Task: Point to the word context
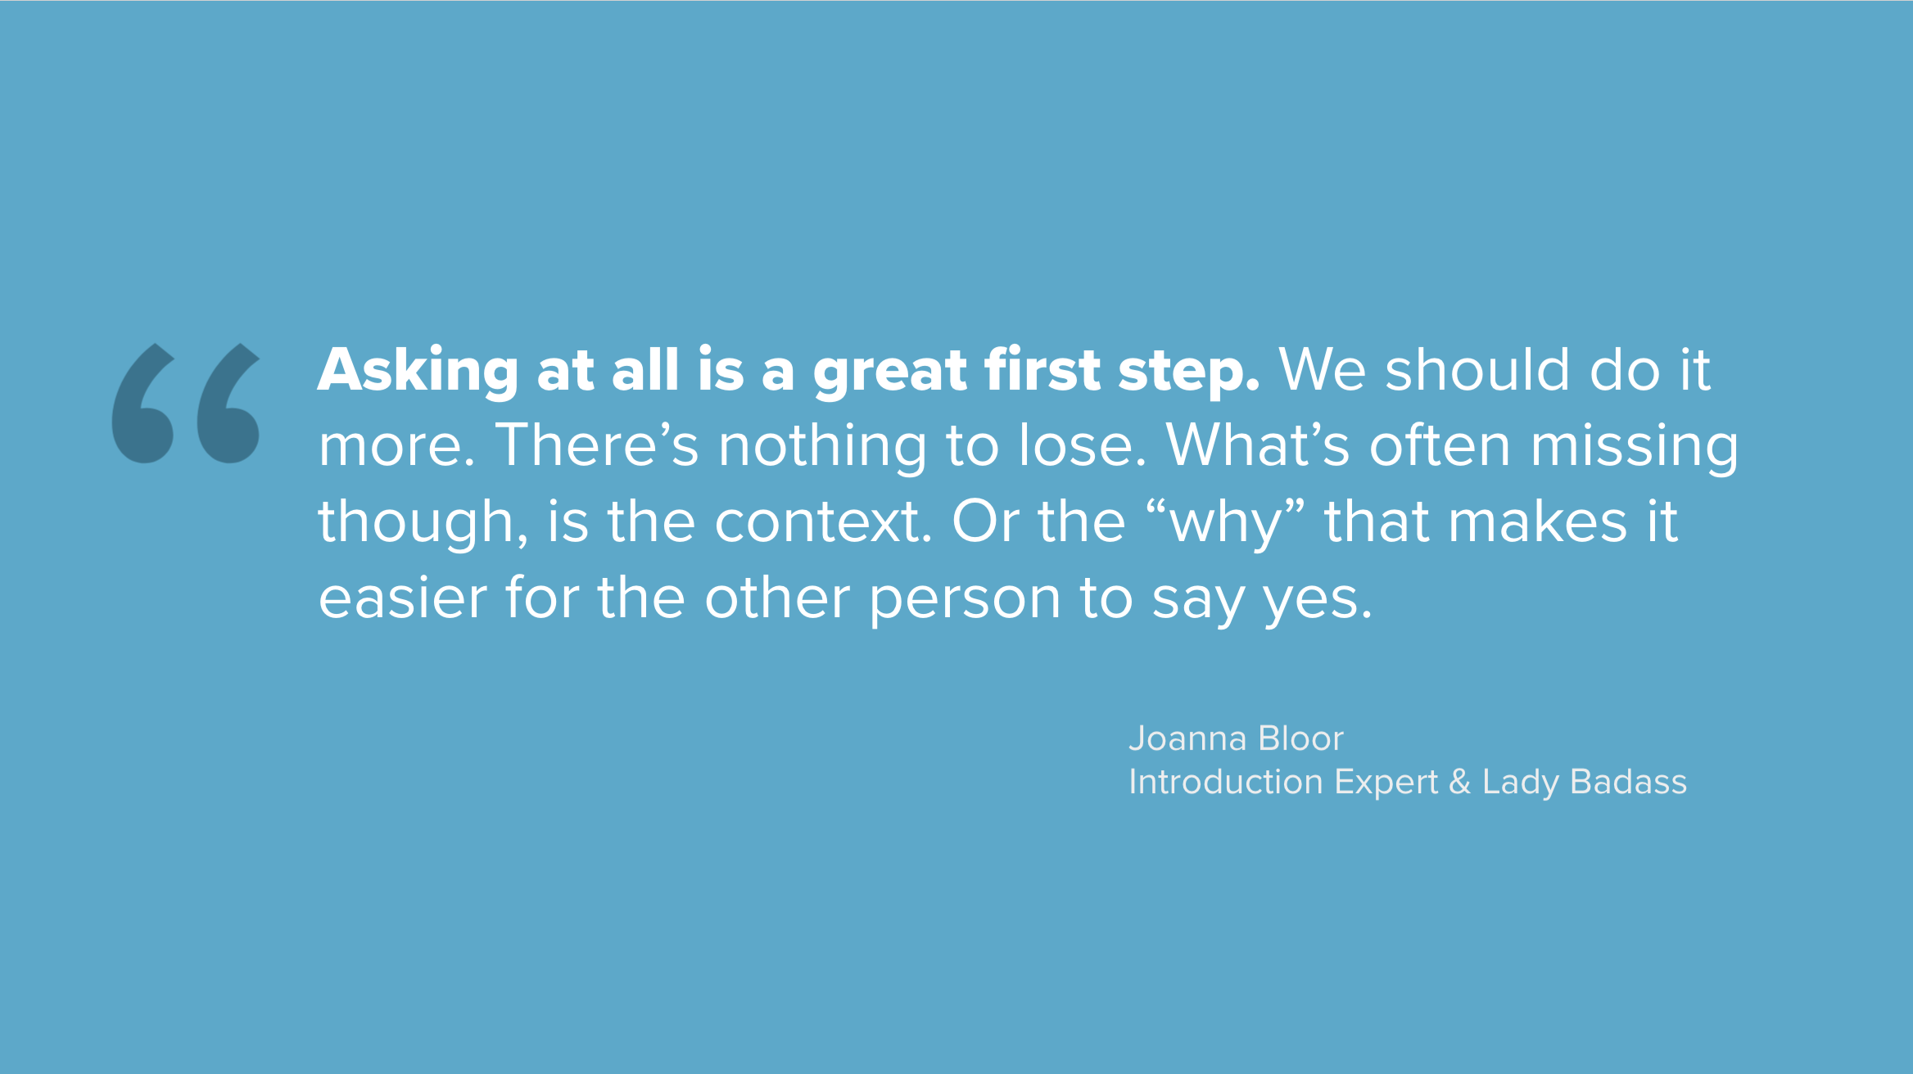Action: (x=823, y=522)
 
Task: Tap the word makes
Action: (x=1538, y=521)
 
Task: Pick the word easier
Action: (x=402, y=597)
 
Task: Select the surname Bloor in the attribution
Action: (x=1300, y=738)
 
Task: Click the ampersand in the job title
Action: (x=1460, y=782)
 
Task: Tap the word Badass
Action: (x=1628, y=782)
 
